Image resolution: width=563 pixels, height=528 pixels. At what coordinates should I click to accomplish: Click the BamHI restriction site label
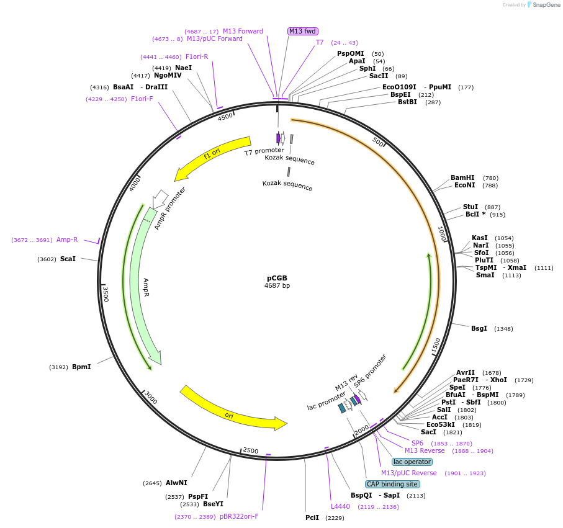tap(462, 177)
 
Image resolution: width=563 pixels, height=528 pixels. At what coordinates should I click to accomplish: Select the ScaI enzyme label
tap(68, 259)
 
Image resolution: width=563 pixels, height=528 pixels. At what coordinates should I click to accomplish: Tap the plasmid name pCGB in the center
tap(277, 278)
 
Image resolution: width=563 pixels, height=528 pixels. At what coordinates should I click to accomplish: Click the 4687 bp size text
tap(277, 286)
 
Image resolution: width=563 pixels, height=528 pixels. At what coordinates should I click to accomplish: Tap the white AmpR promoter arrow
tap(160, 198)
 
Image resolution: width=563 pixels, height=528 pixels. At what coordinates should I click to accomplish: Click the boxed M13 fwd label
tap(303, 31)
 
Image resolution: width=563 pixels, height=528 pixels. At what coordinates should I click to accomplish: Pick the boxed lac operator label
tap(412, 462)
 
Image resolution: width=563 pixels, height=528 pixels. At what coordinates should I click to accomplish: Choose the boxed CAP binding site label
tap(392, 484)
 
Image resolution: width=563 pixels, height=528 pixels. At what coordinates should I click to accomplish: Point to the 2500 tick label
tap(251, 450)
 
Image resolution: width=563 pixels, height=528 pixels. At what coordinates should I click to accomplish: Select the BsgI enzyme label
tap(479, 328)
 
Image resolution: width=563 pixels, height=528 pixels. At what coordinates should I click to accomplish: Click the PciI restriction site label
tap(312, 517)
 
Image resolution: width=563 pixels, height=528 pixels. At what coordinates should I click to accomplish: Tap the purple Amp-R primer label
tap(67, 239)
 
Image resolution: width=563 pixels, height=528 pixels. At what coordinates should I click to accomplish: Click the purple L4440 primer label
tap(340, 506)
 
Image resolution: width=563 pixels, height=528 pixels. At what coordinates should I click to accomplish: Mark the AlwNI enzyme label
tap(176, 483)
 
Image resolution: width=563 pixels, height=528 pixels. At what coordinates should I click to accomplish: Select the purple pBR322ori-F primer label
tap(239, 516)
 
